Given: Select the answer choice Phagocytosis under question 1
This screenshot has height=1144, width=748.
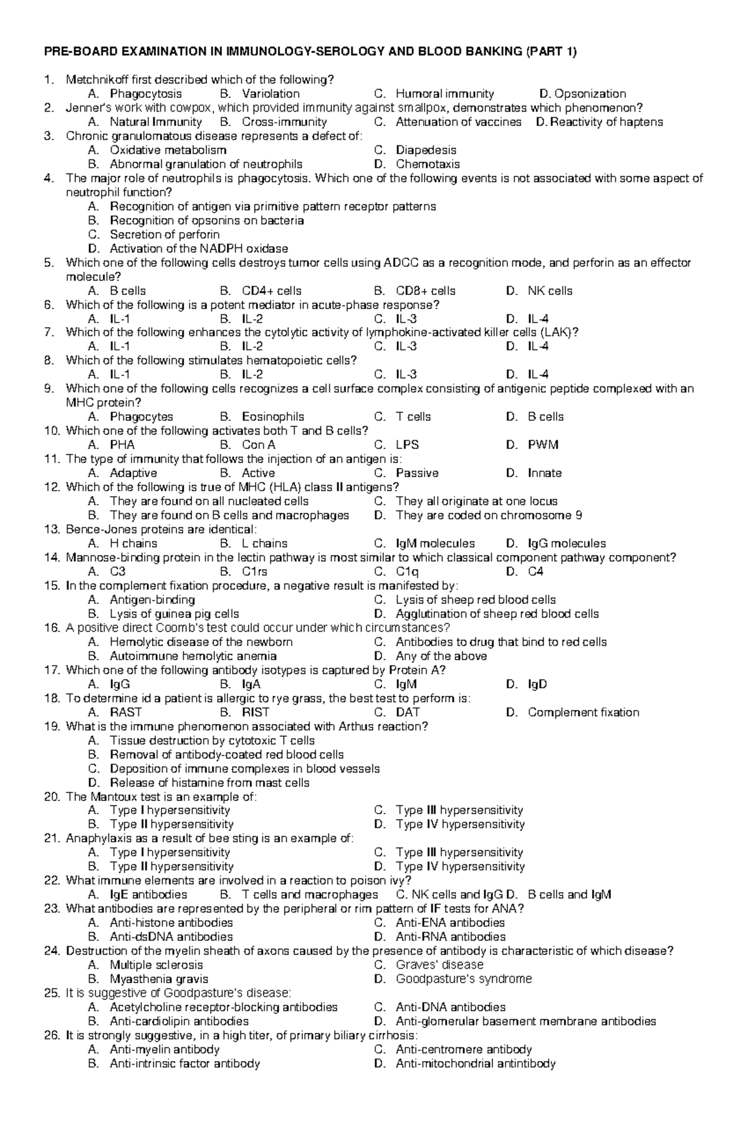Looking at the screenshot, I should coord(146,94).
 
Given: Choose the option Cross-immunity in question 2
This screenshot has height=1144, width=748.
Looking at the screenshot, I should coord(284,122).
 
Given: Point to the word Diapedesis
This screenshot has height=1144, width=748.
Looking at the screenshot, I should coord(426,150).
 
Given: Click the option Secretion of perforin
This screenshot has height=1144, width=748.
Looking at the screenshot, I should coord(165,235).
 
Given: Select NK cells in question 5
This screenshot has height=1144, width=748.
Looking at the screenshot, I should coord(550,291).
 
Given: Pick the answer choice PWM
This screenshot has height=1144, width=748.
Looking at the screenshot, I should coord(543,445).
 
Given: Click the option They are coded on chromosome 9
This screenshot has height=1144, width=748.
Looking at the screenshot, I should coord(489,516).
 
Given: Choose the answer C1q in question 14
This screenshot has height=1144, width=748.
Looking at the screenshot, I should coord(407,572).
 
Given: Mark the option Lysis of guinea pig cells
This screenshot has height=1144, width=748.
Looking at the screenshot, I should coord(174,614).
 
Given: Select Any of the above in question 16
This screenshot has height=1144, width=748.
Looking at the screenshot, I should coord(441,656).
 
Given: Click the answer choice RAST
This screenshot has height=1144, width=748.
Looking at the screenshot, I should coord(125,713).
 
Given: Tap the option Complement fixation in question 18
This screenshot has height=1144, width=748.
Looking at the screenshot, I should coord(583,713).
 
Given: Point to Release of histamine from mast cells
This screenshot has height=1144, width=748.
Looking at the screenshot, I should coord(209,783).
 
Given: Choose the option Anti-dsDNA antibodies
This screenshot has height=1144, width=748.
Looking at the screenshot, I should coord(171,937).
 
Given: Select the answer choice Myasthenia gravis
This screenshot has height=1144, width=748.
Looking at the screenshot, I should coord(159,979).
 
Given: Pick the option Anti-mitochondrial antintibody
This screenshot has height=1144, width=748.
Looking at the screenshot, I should coord(476,1064).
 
